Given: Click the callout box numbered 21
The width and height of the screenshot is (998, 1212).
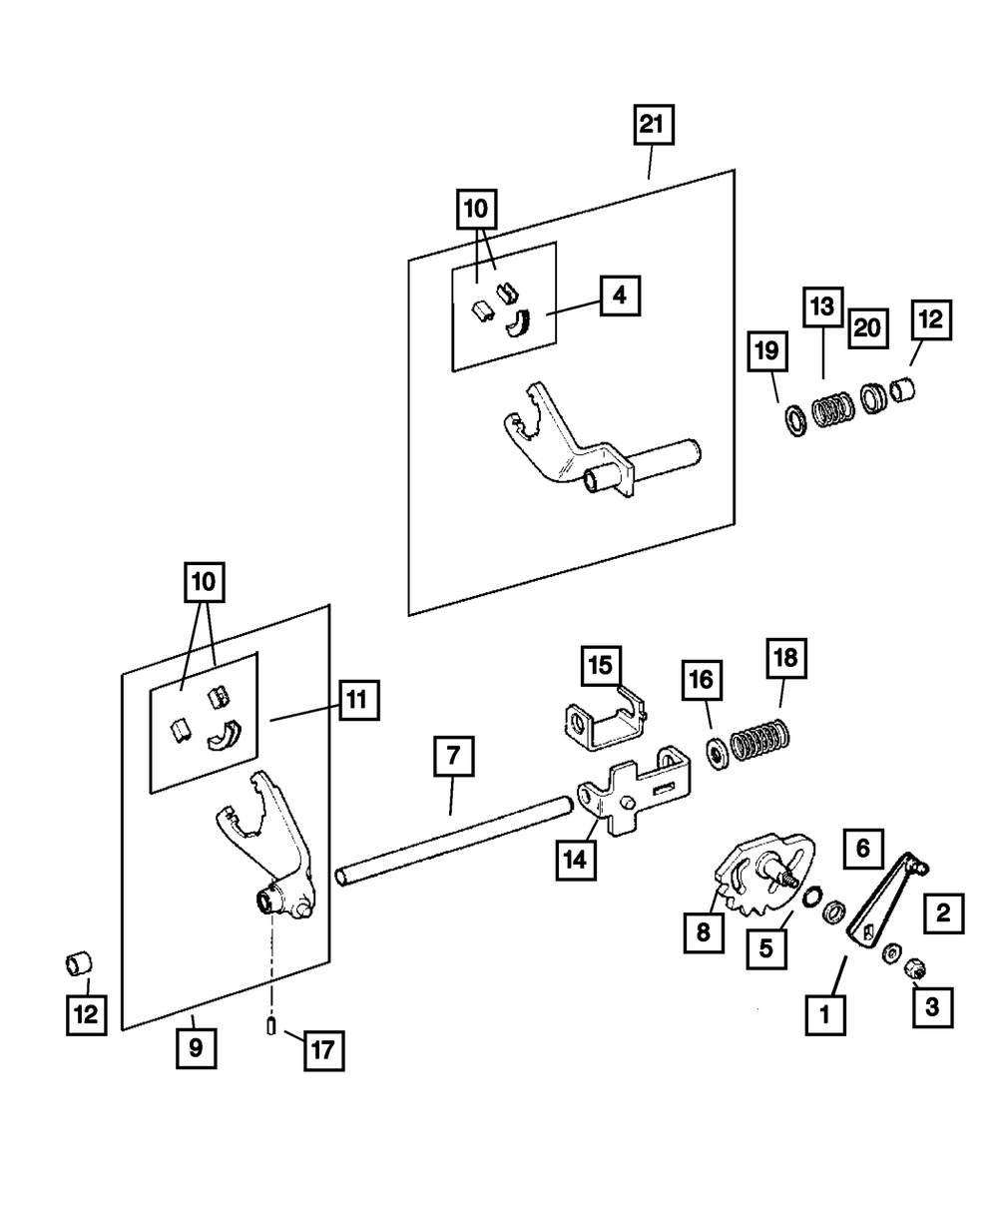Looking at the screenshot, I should tap(651, 126).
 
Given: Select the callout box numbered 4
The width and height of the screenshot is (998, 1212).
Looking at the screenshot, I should tap(620, 296).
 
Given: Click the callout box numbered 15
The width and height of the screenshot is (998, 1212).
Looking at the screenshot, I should tap(602, 666).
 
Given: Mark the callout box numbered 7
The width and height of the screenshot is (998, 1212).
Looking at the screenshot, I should tap(453, 758).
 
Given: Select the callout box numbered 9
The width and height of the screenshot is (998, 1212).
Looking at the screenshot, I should tap(196, 1048).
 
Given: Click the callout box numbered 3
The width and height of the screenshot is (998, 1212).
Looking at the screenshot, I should tap(932, 1006).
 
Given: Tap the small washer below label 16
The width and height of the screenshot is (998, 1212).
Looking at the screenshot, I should tap(716, 752).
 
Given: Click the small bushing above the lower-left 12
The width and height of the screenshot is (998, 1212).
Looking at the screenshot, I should tap(79, 964).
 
